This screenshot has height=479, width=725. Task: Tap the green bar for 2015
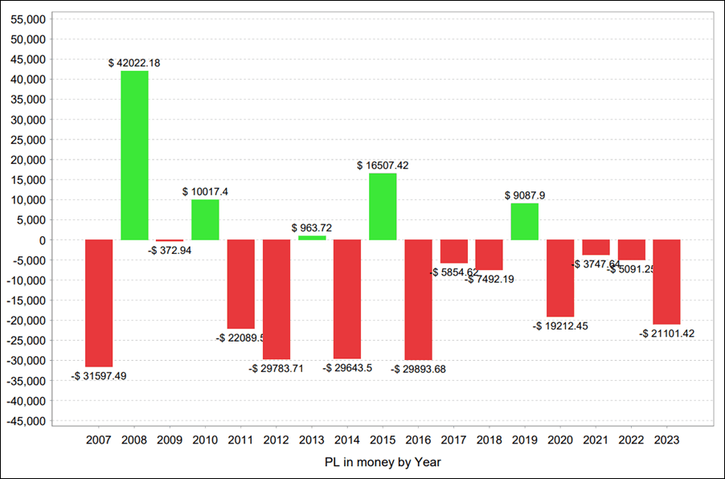[383, 207]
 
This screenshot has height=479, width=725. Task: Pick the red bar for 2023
[666, 282]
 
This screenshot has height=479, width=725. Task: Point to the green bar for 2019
[524, 222]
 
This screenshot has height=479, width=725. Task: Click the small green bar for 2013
[312, 238]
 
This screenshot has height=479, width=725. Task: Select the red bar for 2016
[418, 300]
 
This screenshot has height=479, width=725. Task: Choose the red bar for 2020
[560, 278]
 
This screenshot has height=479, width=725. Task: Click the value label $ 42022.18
[134, 63]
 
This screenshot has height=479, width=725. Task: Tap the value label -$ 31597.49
[99, 375]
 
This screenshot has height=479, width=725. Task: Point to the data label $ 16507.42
[383, 166]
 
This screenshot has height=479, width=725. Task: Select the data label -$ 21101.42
[666, 333]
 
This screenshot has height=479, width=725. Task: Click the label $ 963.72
[312, 227]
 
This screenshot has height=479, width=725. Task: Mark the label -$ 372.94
[170, 250]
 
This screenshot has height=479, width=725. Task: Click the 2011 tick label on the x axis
[240, 440]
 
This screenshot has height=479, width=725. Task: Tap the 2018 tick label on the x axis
[489, 440]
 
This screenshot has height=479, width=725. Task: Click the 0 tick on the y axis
[45, 240]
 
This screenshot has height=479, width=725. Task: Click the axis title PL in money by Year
[383, 462]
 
